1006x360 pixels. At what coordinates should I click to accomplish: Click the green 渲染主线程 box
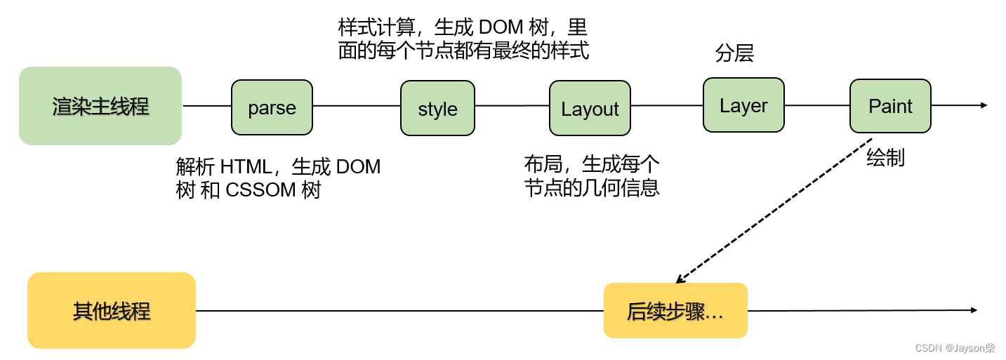100,106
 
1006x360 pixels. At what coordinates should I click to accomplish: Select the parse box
272,107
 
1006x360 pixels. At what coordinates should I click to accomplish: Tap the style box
437,108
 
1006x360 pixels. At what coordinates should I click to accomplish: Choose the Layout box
590,108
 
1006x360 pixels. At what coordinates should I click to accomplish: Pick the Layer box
743,105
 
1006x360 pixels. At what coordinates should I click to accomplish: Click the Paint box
890,106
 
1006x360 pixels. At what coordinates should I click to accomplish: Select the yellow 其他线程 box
111,310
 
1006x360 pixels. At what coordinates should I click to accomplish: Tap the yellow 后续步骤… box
675,311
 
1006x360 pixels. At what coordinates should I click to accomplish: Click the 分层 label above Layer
734,53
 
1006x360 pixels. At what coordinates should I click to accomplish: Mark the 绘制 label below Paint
885,158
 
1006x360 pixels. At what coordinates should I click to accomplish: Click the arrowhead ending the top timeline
984,105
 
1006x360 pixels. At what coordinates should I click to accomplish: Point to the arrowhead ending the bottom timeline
974,310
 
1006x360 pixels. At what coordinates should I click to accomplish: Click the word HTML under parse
245,167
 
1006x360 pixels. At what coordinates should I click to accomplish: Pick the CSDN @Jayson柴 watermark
960,348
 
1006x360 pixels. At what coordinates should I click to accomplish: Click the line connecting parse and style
356,106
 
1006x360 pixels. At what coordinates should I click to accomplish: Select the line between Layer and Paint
816,105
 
